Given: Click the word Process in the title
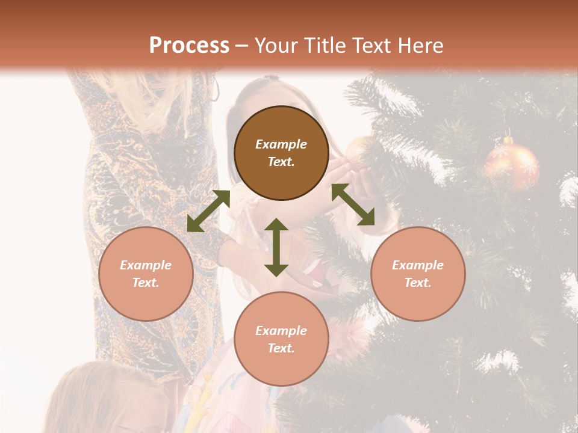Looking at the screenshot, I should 189,46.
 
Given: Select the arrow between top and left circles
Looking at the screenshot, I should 208,211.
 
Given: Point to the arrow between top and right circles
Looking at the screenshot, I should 353,204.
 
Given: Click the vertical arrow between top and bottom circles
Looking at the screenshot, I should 276,247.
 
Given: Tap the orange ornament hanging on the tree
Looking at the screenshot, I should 512,165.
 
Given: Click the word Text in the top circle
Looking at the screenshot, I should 281,162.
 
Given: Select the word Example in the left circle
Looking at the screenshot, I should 146,265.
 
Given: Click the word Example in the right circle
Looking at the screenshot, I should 418,265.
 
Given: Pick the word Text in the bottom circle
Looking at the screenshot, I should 281,348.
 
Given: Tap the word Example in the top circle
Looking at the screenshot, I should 281,144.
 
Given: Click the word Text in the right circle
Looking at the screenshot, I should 418,283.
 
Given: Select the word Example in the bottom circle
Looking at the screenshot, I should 281,331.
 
